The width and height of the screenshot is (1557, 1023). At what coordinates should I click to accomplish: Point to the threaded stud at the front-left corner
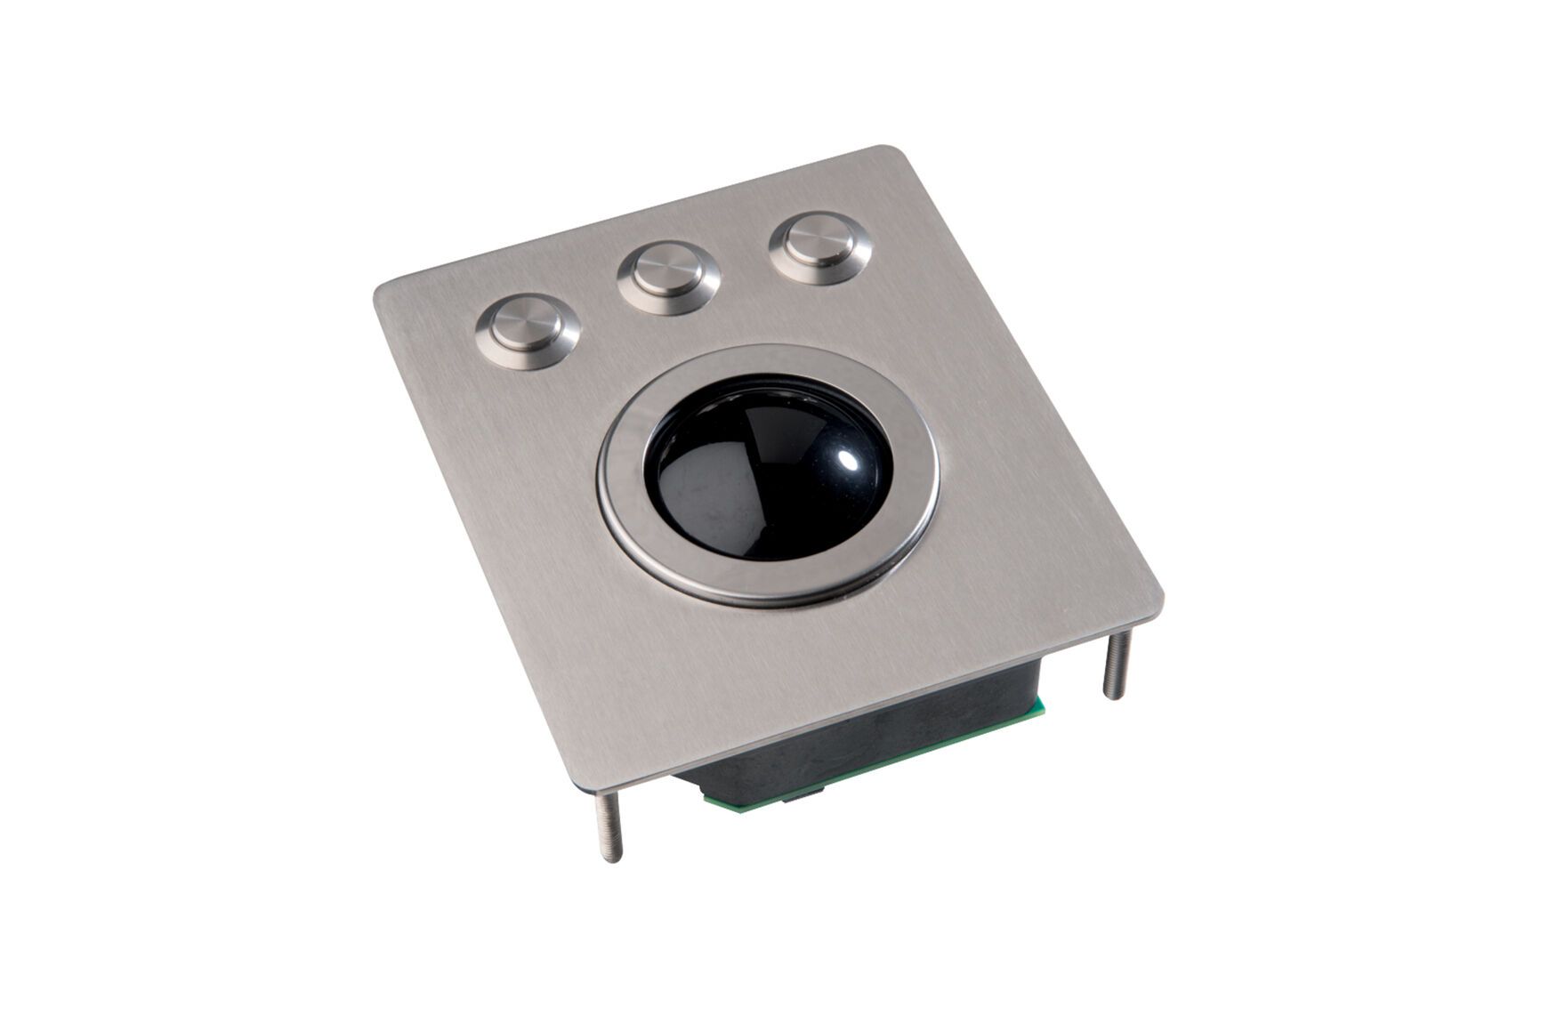click(609, 827)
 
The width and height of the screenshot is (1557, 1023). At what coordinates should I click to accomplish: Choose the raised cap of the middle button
click(667, 270)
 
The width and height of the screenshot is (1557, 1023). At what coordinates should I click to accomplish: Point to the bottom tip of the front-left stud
click(612, 858)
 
